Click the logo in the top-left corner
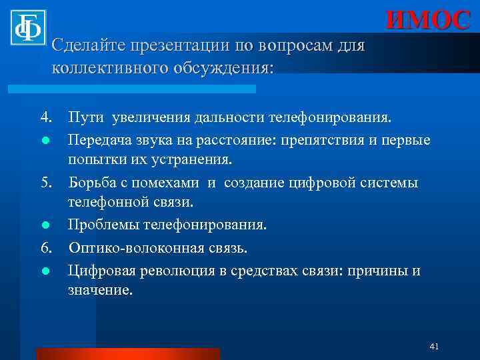[27, 27]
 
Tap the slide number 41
[435, 346]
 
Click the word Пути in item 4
[85, 118]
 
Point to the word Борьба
[92, 183]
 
